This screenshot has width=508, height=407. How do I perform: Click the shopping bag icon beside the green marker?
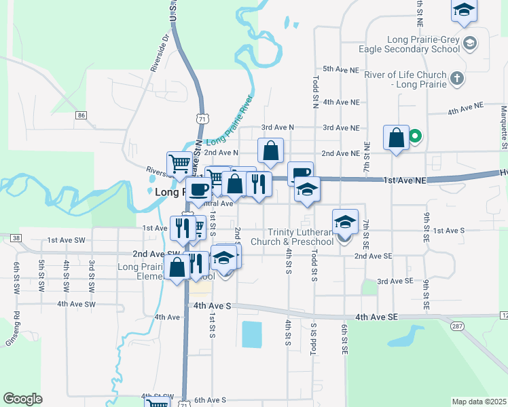[396, 138]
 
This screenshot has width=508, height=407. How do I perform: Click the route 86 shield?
[81, 115]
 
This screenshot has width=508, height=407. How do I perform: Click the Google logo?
[22, 398]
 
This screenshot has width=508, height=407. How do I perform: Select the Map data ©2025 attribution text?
[479, 402]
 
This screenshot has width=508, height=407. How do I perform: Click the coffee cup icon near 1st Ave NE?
[300, 174]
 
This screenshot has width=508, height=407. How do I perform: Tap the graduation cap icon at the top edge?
[464, 10]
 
